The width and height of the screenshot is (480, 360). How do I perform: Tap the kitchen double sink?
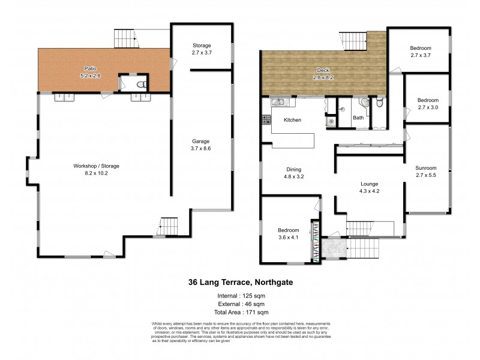tap(278, 103)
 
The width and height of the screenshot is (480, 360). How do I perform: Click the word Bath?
tap(358, 118)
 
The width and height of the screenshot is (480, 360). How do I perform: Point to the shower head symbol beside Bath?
tap(330, 121)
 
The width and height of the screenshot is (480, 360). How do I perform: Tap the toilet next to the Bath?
tap(379, 104)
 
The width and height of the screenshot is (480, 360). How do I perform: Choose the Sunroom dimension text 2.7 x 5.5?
tap(426, 175)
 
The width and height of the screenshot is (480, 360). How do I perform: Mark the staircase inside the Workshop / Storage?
tap(170, 227)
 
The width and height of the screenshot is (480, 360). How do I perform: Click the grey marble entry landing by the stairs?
tap(330, 247)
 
